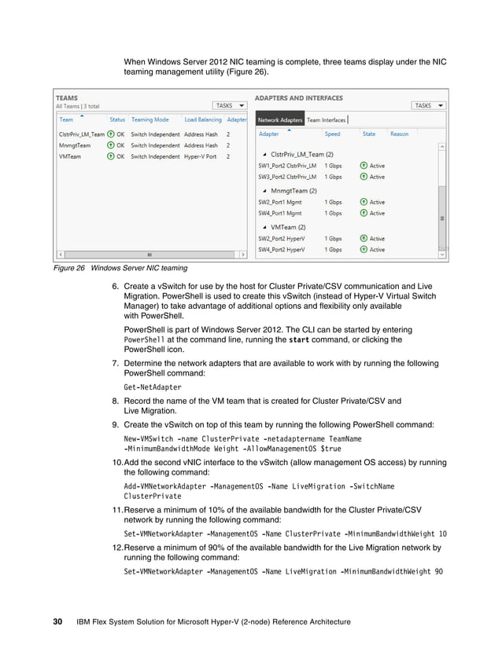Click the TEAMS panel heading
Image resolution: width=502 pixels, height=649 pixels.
tap(66, 98)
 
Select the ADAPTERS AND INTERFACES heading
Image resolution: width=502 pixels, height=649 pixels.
tap(300, 98)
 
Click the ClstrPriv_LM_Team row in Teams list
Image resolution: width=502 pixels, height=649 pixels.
tap(82, 134)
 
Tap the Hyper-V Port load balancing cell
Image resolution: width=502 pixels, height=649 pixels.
tap(201, 156)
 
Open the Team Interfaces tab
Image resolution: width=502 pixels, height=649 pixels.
tap(326, 120)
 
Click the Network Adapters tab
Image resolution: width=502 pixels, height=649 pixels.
tap(280, 120)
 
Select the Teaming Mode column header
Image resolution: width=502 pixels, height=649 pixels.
tap(149, 120)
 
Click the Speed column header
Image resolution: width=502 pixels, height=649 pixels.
tap(333, 134)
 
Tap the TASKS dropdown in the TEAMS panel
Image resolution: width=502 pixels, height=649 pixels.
tap(230, 105)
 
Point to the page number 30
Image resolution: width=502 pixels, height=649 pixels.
tap(57, 622)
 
